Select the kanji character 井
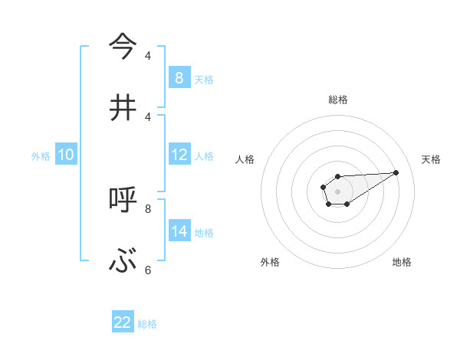[123, 107]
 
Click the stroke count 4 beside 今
[148, 55]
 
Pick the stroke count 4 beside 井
[148, 116]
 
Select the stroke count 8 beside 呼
[148, 208]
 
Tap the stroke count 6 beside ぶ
[148, 270]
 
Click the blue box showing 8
[179, 77]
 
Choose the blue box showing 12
[179, 155]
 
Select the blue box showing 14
[179, 231]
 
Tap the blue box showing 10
[66, 155]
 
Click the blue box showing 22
[123, 322]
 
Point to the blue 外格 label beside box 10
[41, 156]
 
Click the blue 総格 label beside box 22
[147, 324]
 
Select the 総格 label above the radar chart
[338, 100]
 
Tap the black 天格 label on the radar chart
[432, 159]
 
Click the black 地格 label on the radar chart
[402, 262]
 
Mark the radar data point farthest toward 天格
[396, 172]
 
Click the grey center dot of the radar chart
[337, 191]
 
